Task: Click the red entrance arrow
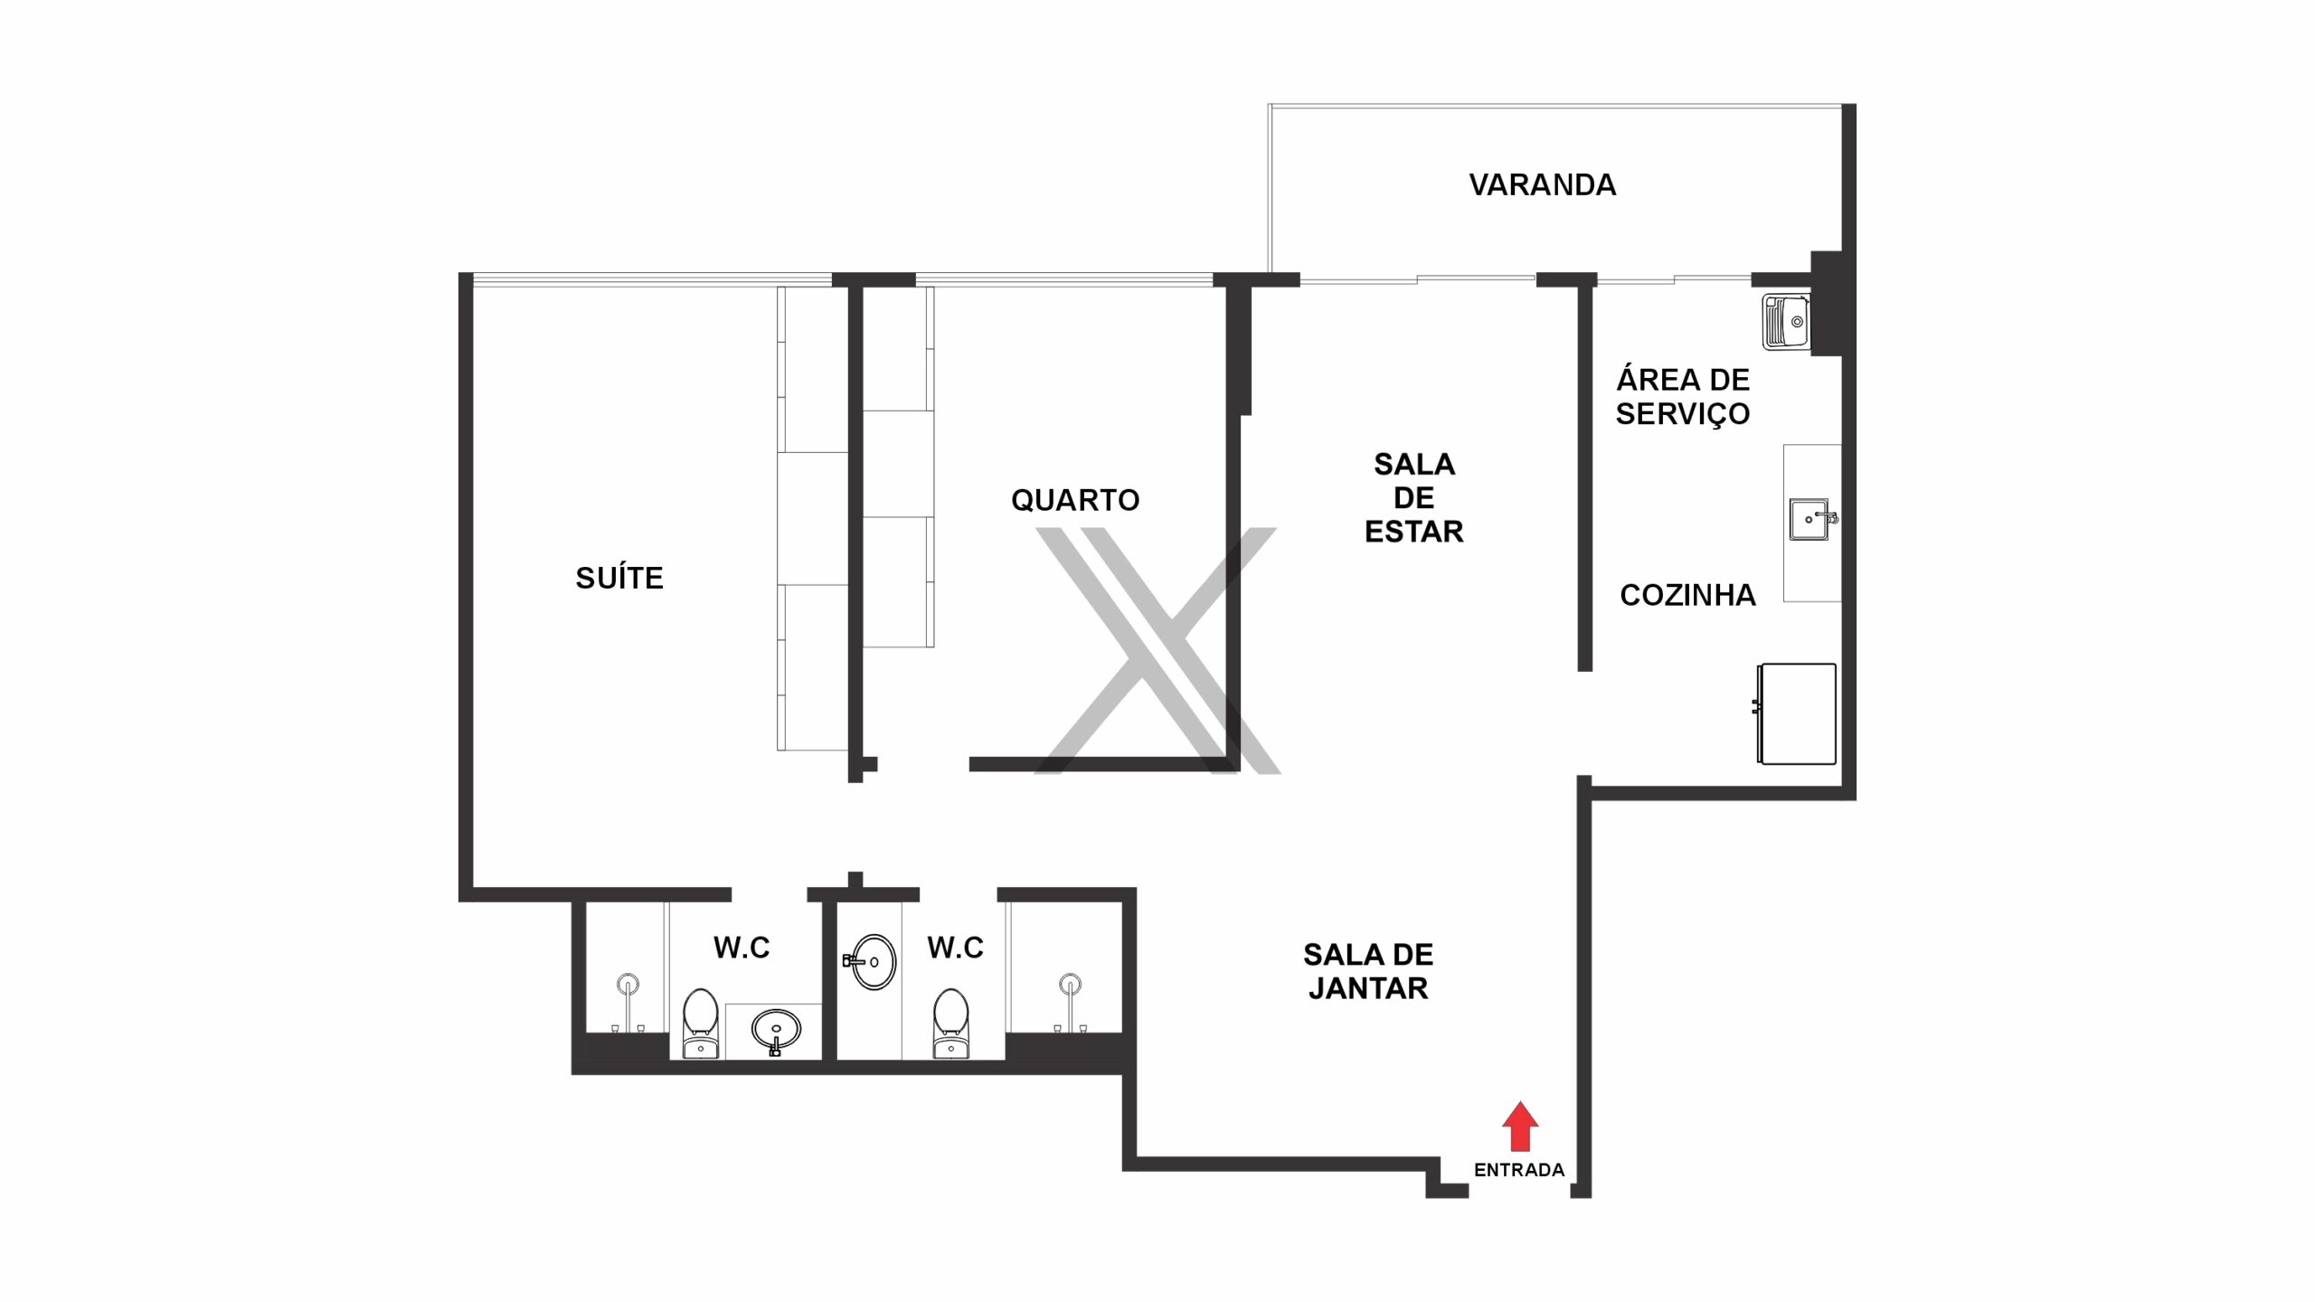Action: pos(1520,1126)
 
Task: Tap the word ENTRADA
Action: pos(1519,1170)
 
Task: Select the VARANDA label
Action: pos(1543,184)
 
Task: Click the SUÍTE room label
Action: pos(619,577)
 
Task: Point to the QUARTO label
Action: pos(1075,500)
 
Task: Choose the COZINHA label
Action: pos(1687,595)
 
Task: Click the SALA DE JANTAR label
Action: pos(1368,971)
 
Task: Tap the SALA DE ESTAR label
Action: pos(1414,497)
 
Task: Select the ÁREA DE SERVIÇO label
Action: pos(1683,396)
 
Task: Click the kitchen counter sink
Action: pos(1811,519)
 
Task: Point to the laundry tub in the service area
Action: pos(1786,322)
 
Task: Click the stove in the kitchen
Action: pos(1796,713)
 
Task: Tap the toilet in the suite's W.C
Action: pos(700,1024)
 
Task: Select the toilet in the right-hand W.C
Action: pos(950,1024)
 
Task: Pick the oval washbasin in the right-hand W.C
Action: pos(871,961)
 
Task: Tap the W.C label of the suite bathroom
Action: pos(742,948)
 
